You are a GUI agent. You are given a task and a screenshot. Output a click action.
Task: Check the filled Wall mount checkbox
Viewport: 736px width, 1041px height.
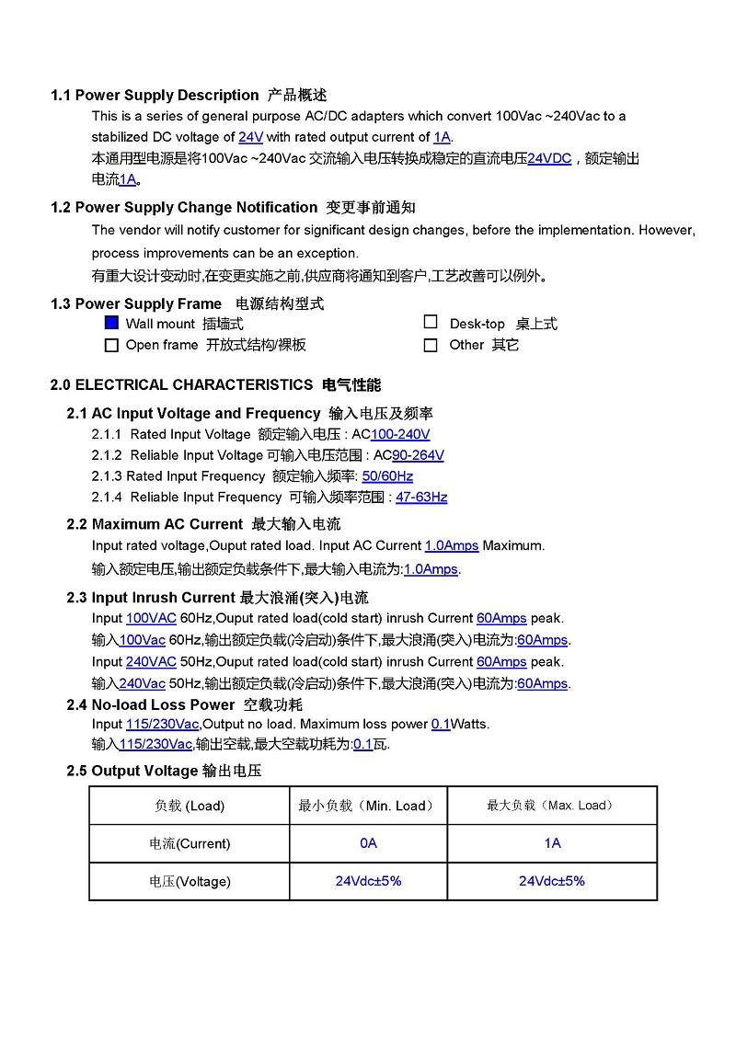pyautogui.click(x=111, y=323)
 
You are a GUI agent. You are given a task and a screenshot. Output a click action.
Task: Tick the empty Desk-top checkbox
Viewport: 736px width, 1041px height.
pyautogui.click(x=431, y=322)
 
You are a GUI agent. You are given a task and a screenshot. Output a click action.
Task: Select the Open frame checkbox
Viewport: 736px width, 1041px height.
pyautogui.click(x=111, y=346)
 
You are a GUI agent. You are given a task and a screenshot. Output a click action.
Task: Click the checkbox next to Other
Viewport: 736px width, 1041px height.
pyautogui.click(x=431, y=346)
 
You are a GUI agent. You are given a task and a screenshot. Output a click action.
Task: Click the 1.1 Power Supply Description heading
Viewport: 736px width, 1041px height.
pyautogui.click(x=155, y=95)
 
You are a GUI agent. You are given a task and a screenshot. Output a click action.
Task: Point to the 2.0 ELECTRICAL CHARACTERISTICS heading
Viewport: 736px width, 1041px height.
pyautogui.click(x=181, y=384)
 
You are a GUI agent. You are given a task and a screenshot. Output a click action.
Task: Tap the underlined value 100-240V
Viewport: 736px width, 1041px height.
pyautogui.click(x=400, y=434)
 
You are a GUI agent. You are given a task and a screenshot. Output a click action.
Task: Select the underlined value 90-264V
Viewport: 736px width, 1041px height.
pyautogui.click(x=418, y=455)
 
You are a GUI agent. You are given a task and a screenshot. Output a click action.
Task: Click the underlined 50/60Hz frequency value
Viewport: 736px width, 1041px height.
pyautogui.click(x=387, y=476)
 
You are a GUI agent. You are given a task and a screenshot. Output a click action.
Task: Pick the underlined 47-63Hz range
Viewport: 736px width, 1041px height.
pyautogui.click(x=421, y=498)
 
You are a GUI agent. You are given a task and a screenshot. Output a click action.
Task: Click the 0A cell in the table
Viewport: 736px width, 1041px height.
pyautogui.click(x=368, y=843)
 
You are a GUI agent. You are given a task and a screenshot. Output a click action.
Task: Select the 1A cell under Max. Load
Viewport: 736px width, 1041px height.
pyautogui.click(x=552, y=843)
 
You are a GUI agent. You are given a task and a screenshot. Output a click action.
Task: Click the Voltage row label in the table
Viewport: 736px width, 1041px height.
pyautogui.click(x=190, y=881)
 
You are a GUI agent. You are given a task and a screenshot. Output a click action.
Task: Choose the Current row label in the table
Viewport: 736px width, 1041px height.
pyautogui.click(x=190, y=843)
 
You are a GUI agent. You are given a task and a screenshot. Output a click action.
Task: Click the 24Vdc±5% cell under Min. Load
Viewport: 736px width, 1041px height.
pyautogui.click(x=368, y=881)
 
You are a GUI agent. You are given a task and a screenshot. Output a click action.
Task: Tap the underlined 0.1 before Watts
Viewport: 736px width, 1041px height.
pyautogui.click(x=441, y=724)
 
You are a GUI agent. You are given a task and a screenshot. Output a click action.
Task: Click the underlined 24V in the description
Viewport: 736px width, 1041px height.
pyautogui.click(x=250, y=137)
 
